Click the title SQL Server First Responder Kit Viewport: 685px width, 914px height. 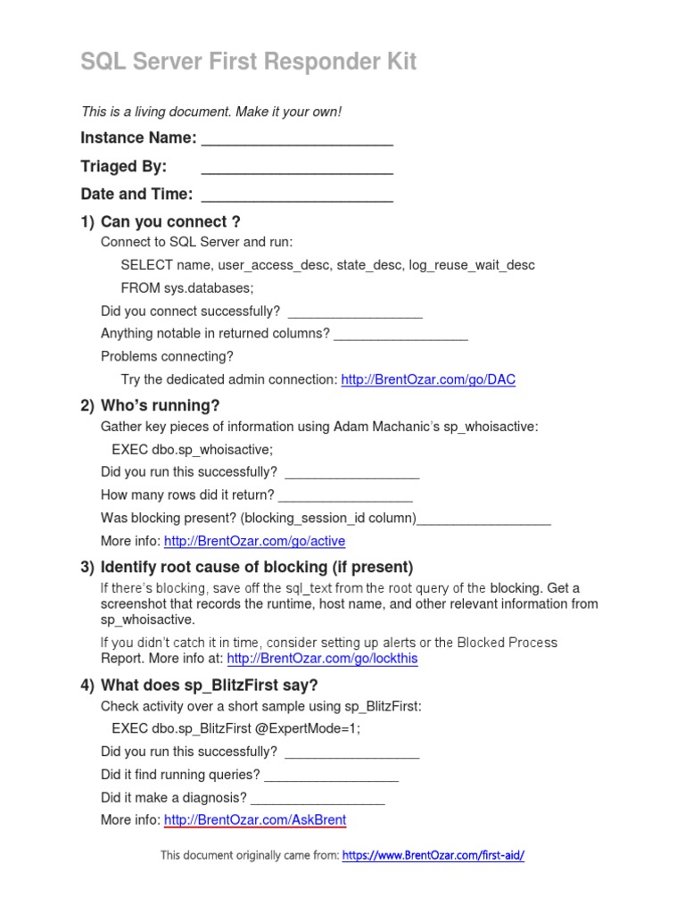click(248, 62)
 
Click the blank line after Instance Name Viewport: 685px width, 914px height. click(297, 138)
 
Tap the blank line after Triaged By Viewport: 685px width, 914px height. click(297, 167)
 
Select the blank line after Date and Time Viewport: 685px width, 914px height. click(297, 195)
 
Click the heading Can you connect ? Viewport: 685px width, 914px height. click(170, 222)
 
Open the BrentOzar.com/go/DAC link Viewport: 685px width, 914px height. click(428, 379)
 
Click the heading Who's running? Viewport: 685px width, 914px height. click(160, 406)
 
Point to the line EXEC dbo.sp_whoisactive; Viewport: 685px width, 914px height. click(193, 449)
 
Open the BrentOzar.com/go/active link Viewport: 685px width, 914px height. click(254, 541)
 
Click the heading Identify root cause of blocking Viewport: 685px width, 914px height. click(257, 568)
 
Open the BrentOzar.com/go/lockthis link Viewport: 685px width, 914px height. click(322, 659)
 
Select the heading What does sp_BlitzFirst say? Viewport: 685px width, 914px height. click(209, 685)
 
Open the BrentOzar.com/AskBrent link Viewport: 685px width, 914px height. click(255, 819)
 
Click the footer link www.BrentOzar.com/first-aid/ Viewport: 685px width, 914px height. click(433, 855)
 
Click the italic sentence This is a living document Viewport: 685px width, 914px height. click(211, 112)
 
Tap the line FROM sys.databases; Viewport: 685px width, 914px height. click(187, 287)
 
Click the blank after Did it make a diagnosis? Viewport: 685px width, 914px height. click(318, 798)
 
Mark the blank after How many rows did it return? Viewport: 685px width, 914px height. click(345, 495)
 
